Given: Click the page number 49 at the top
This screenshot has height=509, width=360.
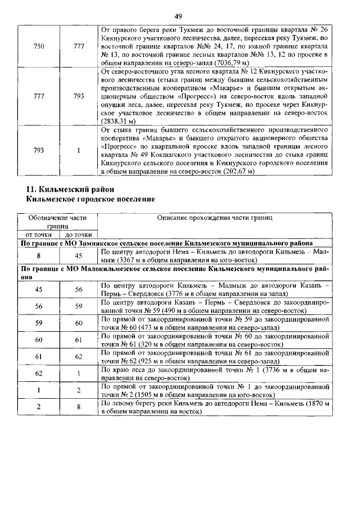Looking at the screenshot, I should coord(178,16).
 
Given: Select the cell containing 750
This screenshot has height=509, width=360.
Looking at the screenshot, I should coord(39,47).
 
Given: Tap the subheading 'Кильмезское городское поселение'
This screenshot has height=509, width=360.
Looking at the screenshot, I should coord(91,199).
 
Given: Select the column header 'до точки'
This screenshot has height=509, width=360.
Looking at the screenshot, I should coord(78,234).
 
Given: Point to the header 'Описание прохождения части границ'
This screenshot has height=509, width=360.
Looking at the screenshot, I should coord(214,217).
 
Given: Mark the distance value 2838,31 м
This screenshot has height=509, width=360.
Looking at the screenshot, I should coord(118,121).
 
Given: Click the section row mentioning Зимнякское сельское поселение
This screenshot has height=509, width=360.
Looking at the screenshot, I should coord(174,243).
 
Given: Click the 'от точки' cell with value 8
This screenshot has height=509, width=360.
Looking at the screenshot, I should coord(39,256).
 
